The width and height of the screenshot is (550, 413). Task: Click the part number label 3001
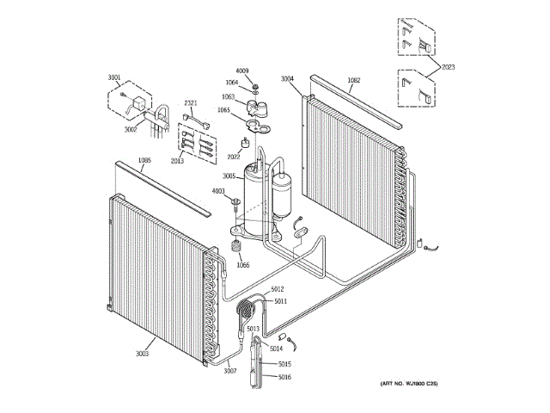click(x=114, y=77)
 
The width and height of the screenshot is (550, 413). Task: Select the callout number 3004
click(x=287, y=79)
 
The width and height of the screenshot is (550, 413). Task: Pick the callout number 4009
click(x=241, y=71)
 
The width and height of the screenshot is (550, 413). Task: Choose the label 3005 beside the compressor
click(x=229, y=175)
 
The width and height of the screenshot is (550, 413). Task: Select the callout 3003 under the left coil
click(x=143, y=354)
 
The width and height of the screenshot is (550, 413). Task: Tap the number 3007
click(x=229, y=371)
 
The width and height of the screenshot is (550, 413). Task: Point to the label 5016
click(x=284, y=377)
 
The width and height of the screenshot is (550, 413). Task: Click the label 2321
click(x=191, y=104)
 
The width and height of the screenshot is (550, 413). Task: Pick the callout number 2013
click(x=177, y=160)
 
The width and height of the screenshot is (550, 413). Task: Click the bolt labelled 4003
click(x=235, y=203)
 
